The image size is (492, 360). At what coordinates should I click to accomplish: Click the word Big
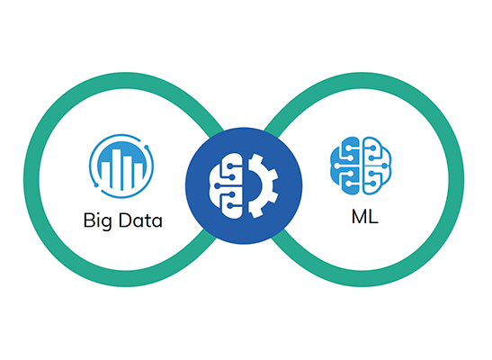tap(97, 221)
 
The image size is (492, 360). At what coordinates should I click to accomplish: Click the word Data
tap(140, 220)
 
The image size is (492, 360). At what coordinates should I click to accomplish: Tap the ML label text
tap(365, 217)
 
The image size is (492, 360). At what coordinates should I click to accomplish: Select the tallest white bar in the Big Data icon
tap(117, 169)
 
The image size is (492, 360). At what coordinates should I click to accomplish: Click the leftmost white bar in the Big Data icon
tap(106, 175)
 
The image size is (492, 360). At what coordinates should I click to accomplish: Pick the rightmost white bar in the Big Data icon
tap(139, 175)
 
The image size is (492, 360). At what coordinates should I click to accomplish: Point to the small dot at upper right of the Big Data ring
tap(147, 147)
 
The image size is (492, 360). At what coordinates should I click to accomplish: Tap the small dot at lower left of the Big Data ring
tap(96, 185)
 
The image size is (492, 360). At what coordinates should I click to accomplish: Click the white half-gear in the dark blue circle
tap(263, 185)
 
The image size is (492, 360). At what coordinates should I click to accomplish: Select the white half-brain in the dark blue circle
tap(226, 185)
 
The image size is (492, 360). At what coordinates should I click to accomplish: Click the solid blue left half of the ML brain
tap(344, 165)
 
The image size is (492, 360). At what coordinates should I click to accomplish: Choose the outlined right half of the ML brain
tap(377, 166)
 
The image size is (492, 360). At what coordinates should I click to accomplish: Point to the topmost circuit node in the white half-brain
tap(230, 166)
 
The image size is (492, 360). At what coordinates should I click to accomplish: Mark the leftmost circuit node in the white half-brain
tap(217, 185)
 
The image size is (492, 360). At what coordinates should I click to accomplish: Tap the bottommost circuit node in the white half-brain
tap(230, 206)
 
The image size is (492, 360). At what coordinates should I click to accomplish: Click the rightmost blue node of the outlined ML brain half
tap(384, 166)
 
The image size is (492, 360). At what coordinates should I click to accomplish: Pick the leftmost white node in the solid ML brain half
tap(337, 166)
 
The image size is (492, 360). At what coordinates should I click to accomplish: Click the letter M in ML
tap(360, 217)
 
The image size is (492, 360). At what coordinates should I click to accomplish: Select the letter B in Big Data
tap(88, 220)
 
